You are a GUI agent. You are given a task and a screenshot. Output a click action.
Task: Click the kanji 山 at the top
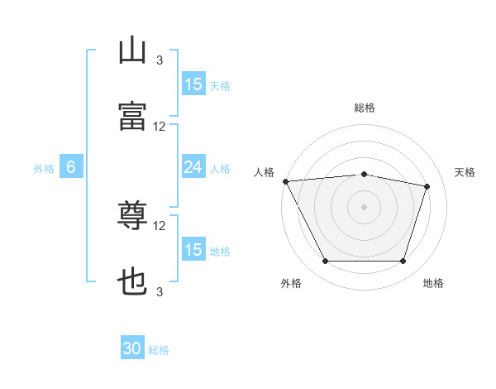133,50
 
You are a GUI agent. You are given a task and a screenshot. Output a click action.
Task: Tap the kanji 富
133,117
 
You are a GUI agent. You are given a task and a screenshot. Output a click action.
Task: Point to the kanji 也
133,282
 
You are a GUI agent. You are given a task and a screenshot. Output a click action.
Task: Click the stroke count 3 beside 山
160,60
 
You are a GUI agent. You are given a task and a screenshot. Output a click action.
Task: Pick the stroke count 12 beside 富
160,127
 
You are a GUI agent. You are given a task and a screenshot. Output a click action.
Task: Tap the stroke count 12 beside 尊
160,225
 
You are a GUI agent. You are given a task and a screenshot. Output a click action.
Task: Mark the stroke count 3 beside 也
160,291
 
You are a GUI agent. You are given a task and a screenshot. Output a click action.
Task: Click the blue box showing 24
193,167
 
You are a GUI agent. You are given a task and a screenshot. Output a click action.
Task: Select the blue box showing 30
132,349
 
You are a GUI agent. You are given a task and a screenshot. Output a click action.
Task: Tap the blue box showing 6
71,167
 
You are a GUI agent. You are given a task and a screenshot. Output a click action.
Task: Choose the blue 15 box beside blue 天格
193,84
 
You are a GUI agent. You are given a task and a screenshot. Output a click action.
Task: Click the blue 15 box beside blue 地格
193,250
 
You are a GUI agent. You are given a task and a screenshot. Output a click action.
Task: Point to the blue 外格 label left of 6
44,168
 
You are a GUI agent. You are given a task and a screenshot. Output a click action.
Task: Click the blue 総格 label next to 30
159,350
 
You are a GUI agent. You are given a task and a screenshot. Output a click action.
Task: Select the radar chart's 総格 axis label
365,108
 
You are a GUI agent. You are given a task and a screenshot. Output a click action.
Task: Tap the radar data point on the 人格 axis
285,181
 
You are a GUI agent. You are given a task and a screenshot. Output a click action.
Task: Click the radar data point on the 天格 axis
427,186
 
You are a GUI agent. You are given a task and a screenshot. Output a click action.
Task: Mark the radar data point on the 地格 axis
403,262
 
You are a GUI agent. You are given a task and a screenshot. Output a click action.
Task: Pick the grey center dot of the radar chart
365,207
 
